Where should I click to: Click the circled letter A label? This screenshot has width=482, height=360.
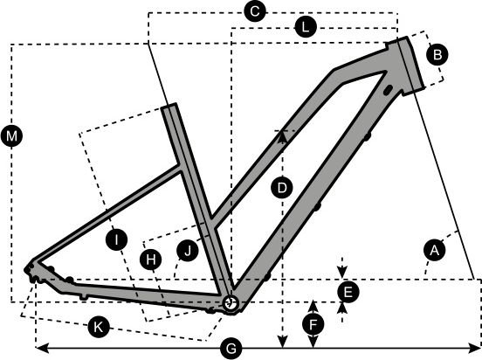(434, 251)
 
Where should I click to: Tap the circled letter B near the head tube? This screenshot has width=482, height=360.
(437, 55)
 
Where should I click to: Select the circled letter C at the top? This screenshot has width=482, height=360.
(254, 11)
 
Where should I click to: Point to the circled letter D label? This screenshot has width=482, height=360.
(282, 187)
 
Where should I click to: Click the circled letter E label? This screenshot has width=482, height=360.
(348, 292)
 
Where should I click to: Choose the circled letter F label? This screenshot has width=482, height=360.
(313, 325)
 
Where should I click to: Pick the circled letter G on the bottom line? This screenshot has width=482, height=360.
(231, 349)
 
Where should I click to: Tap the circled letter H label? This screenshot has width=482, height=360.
(150, 260)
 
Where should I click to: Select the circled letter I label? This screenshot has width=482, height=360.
(116, 239)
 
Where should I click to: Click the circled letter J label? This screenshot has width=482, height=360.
(188, 251)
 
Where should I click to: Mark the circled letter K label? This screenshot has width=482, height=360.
(99, 327)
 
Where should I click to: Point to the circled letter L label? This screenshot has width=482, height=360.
(306, 28)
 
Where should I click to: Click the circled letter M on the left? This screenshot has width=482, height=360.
(11, 135)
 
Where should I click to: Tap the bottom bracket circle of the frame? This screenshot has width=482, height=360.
(231, 304)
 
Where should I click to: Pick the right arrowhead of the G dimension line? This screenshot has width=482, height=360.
(473, 349)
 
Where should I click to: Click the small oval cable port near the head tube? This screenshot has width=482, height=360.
(388, 89)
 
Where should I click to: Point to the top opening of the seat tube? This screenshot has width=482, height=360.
(169, 106)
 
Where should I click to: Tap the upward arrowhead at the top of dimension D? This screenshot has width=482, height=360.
(282, 137)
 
